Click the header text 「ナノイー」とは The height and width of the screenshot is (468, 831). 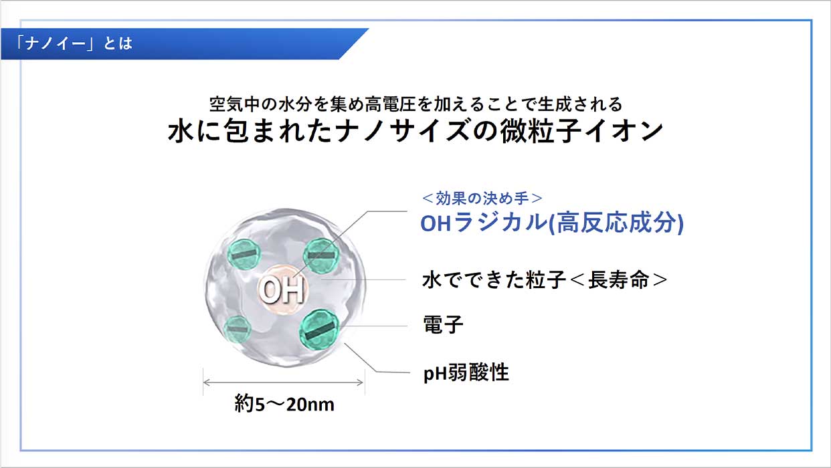click(x=74, y=43)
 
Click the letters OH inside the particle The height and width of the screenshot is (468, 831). click(x=282, y=290)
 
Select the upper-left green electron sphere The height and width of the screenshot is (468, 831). click(x=244, y=254)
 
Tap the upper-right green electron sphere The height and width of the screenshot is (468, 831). click(x=321, y=255)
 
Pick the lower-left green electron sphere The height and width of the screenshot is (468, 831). click(x=237, y=329)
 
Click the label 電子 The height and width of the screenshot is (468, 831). click(x=443, y=324)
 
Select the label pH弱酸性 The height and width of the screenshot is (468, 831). click(x=466, y=372)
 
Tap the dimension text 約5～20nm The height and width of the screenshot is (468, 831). click(x=284, y=404)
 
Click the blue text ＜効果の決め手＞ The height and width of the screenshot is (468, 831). click(x=482, y=199)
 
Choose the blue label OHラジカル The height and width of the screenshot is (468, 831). click(x=484, y=223)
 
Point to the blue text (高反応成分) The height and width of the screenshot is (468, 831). click(x=616, y=223)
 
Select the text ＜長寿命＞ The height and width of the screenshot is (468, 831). click(x=618, y=279)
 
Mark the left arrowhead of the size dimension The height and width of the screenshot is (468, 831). click(x=207, y=382)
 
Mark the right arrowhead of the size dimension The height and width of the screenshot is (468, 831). click(x=360, y=382)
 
